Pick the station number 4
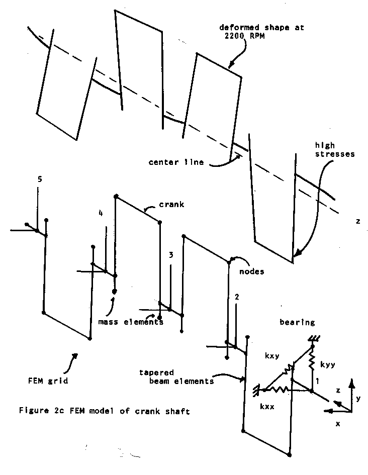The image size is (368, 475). pyautogui.click(x=101, y=214)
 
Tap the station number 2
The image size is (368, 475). pyautogui.click(x=237, y=297)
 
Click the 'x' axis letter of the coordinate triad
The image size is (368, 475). pyautogui.click(x=338, y=424)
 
